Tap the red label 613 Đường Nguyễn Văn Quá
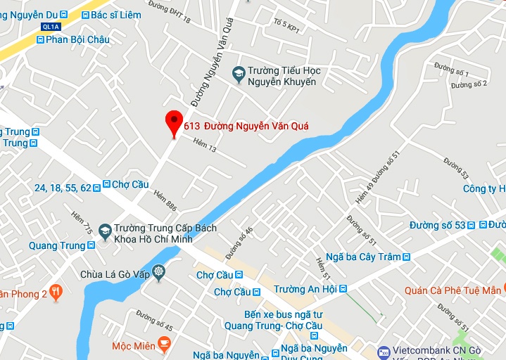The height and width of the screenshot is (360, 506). [x=246, y=127]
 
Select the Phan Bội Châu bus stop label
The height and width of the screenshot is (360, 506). [x=77, y=39]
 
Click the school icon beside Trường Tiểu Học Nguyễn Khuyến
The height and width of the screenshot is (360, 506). [x=239, y=72]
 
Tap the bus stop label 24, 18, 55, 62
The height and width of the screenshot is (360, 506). [x=63, y=188]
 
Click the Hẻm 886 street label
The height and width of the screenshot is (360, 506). [x=165, y=202]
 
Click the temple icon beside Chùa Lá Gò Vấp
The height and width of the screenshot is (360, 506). [x=159, y=271]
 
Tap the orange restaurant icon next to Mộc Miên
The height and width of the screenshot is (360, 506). [x=164, y=345]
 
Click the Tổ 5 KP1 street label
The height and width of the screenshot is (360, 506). [x=285, y=27]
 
